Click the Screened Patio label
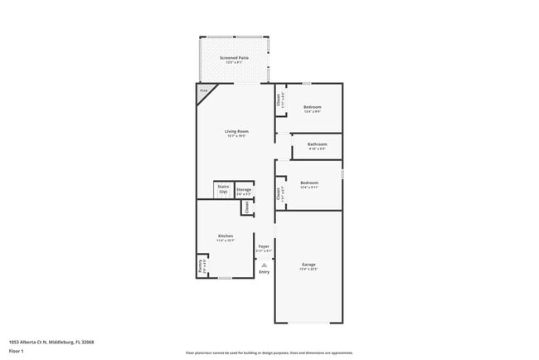click(x=234, y=60)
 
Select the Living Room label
click(x=236, y=133)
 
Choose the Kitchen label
click(x=226, y=238)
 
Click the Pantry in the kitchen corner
click(x=201, y=267)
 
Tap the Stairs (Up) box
click(x=223, y=189)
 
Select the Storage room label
click(x=244, y=192)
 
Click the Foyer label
click(x=264, y=247)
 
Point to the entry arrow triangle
click(x=264, y=265)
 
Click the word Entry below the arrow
click(x=264, y=272)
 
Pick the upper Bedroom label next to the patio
click(x=312, y=108)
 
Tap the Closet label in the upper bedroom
click(x=279, y=100)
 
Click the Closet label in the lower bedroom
click(x=279, y=192)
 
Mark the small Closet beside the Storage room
click(x=247, y=207)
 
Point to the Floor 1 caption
click(x=17, y=351)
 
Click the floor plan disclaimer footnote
click(x=269, y=352)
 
